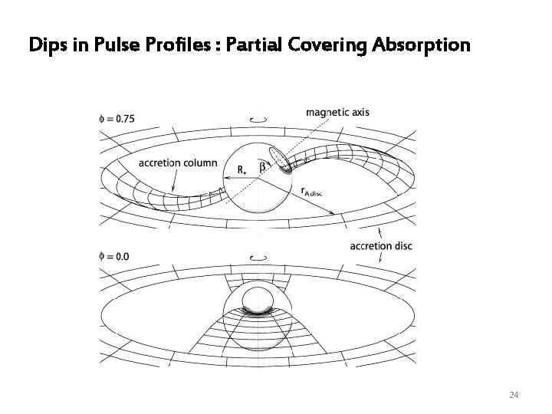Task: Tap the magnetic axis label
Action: pyautogui.click(x=338, y=112)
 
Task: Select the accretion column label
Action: pyautogui.click(x=178, y=163)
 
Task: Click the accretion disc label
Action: pyautogui.click(x=380, y=246)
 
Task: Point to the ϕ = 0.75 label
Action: pyautogui.click(x=117, y=119)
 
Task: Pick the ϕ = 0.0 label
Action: pyautogui.click(x=114, y=255)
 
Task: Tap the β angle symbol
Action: pyautogui.click(x=262, y=165)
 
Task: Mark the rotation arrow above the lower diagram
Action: pyautogui.click(x=261, y=258)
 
